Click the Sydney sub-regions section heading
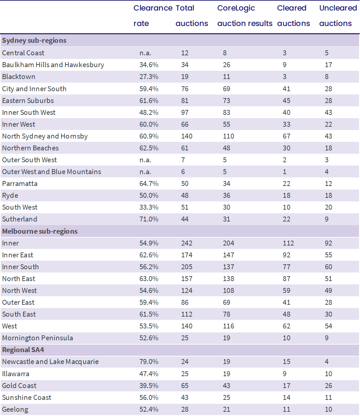pyautogui.click(x=34, y=40)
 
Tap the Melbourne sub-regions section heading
pyautogui.click(x=40, y=231)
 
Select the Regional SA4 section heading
pyautogui.click(x=23, y=350)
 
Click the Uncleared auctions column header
pyautogui.click(x=338, y=16)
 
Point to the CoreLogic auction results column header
pyautogui.click(x=245, y=16)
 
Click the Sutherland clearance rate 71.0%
pyautogui.click(x=149, y=219)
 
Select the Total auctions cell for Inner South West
pyautogui.click(x=185, y=112)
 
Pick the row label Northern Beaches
pyautogui.click(x=30, y=148)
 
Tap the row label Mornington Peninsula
pyautogui.click(x=37, y=338)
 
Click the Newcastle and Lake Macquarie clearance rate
pyautogui.click(x=149, y=362)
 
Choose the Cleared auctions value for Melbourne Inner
pyautogui.click(x=288, y=243)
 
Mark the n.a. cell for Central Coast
pyautogui.click(x=145, y=53)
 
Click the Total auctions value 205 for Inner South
pyautogui.click(x=187, y=267)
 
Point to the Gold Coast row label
pyautogui.click(x=19, y=386)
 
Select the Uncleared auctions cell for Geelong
pyautogui.click(x=328, y=409)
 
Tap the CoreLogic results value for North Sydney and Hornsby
pyautogui.click(x=228, y=136)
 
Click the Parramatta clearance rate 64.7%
pyautogui.click(x=149, y=184)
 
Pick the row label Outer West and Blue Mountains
pyautogui.click(x=52, y=172)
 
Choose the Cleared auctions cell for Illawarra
pyautogui.click(x=284, y=374)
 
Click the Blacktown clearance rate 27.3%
pyautogui.click(x=149, y=77)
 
